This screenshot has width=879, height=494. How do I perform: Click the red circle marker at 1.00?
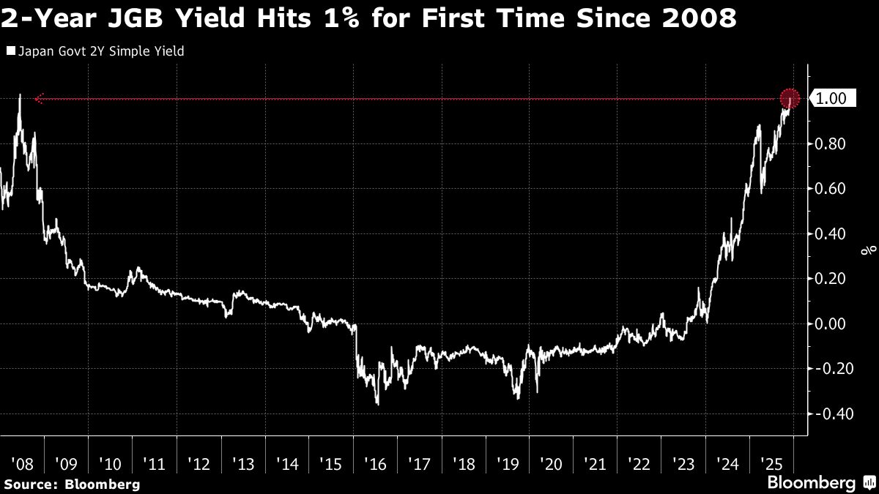(x=789, y=98)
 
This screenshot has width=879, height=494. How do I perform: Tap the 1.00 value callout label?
(x=831, y=99)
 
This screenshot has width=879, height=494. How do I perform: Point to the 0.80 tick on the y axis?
(x=831, y=144)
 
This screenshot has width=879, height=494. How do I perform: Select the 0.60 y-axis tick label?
(x=831, y=189)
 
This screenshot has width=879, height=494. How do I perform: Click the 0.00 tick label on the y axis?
(x=831, y=323)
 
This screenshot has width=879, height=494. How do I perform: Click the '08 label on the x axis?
(x=22, y=463)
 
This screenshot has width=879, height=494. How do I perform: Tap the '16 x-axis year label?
(x=375, y=463)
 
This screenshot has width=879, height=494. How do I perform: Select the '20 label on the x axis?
(x=552, y=463)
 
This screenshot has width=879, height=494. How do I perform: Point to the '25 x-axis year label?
(x=771, y=463)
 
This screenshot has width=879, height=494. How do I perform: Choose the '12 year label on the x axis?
(x=199, y=463)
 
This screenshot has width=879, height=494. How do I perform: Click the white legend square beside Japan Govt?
(x=10, y=51)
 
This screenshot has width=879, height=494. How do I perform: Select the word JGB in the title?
(x=130, y=18)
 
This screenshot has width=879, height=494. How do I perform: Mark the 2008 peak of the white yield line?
(x=19, y=96)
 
